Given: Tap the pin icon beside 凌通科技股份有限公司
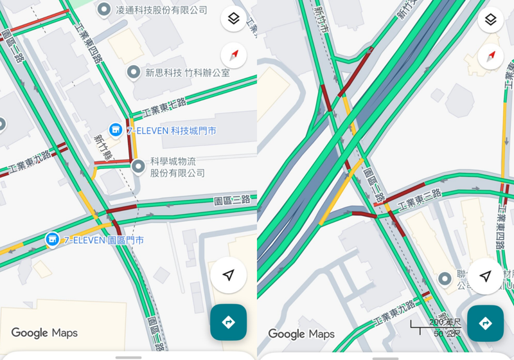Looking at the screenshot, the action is point(104,10).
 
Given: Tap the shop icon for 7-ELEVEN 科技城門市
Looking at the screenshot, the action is point(116,130).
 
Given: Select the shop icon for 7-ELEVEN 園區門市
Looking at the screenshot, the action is point(52,240).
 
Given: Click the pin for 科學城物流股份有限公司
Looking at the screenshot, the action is point(138,167).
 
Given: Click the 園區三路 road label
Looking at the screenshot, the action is point(231,201).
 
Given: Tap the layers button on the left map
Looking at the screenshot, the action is point(233,19).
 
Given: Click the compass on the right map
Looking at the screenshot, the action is point(490,57).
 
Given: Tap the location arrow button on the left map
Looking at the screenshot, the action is point(228,275).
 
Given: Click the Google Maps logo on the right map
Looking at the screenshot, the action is point(301,334).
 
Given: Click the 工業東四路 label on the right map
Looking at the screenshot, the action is point(502,228).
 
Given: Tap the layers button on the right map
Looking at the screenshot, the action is point(490,19).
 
